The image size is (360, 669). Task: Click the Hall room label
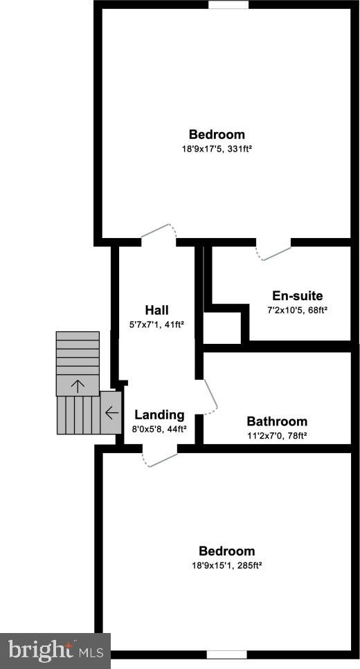coord(156,310)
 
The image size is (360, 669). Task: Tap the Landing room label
coord(160,414)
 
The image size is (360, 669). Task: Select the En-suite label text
coord(298,295)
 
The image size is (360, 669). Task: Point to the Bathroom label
coord(277,421)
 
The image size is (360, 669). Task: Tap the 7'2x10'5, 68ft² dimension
coord(297,310)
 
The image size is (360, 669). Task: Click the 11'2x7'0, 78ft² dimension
coord(277,436)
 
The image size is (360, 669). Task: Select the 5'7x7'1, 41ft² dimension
coord(156,324)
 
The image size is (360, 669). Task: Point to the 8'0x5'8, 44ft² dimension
coord(160,429)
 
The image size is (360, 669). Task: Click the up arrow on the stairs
coord(78,386)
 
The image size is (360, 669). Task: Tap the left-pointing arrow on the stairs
coord(111,412)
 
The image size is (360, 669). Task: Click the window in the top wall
coord(228,4)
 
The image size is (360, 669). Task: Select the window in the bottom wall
coord(226,654)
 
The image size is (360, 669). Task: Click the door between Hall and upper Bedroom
coord(159,232)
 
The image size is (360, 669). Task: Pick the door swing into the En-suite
coord(273,252)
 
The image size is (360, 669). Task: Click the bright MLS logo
coord(55,651)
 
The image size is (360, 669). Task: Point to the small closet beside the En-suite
coord(222,328)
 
